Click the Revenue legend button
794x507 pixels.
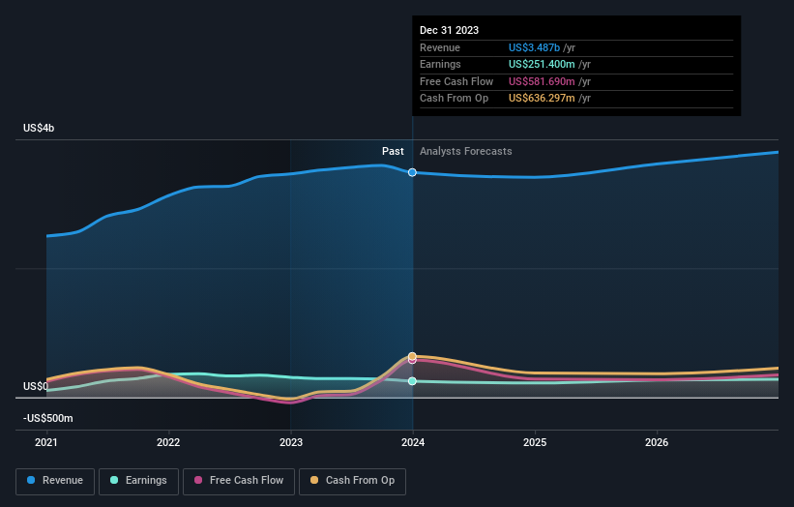coord(55,480)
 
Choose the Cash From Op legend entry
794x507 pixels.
coord(352,480)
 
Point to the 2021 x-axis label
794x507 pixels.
coord(46,443)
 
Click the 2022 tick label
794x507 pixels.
coord(168,443)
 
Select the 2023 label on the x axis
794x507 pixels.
coord(290,443)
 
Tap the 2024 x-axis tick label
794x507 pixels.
coord(413,443)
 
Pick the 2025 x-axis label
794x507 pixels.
coord(535,443)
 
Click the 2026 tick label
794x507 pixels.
coord(657,443)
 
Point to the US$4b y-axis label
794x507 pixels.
coord(40,129)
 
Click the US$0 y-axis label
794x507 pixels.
coord(36,386)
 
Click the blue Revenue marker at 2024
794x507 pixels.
coord(412,172)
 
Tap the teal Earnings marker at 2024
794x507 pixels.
coord(412,381)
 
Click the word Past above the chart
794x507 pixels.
coord(393,151)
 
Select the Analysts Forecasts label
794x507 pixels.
coord(465,151)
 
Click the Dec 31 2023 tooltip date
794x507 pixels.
coord(449,31)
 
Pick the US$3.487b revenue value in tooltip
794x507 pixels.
coord(542,47)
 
